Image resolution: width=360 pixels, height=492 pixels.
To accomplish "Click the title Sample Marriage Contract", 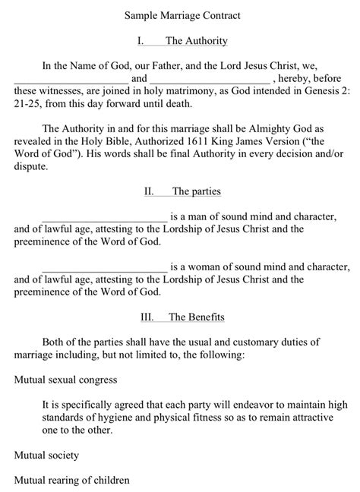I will [180, 14].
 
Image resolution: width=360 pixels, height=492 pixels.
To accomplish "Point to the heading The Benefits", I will [196, 316].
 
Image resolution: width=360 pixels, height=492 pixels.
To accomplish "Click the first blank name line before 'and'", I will [71, 78].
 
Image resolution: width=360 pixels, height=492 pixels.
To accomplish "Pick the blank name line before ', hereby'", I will [210, 78].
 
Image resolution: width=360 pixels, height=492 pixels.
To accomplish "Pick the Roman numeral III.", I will [149, 316].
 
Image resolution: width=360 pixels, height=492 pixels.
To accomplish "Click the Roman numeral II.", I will [149, 191].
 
